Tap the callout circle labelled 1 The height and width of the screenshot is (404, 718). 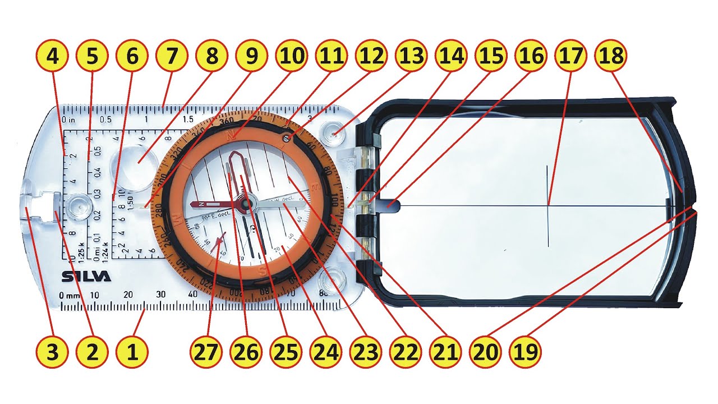pos(132,352)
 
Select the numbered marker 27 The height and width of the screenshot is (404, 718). pos(211,352)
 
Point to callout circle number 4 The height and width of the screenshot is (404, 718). pos(52,56)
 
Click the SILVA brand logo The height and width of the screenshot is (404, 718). pos(86,277)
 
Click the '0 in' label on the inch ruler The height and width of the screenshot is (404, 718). pos(68,120)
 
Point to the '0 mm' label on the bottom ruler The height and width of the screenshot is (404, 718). pos(70,295)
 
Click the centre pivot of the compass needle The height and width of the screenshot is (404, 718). pos(245,206)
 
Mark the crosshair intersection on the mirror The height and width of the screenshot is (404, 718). pos(548,205)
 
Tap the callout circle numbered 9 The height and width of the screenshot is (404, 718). pos(251,56)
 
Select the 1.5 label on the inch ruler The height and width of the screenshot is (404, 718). pos(187,120)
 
